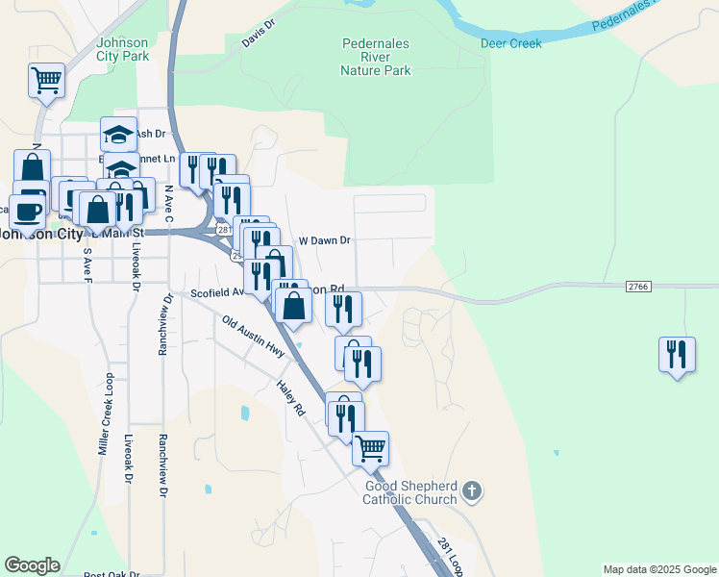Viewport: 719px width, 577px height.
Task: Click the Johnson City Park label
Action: coord(123,49)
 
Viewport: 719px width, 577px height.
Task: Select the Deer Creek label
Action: coord(511,43)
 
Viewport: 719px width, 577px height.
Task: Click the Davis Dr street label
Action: coord(259,37)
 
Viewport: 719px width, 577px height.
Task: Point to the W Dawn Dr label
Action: coord(325,240)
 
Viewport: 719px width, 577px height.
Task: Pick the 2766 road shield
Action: coord(638,286)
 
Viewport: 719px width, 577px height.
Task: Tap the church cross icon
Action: coord(471,492)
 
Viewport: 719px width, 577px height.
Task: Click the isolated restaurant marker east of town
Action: coord(677,355)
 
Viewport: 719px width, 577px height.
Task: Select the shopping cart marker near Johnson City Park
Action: coord(46,80)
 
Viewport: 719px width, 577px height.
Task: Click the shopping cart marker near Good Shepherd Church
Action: coord(370,448)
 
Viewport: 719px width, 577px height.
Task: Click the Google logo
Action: coord(32,565)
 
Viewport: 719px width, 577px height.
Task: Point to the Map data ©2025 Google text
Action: coord(658,569)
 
